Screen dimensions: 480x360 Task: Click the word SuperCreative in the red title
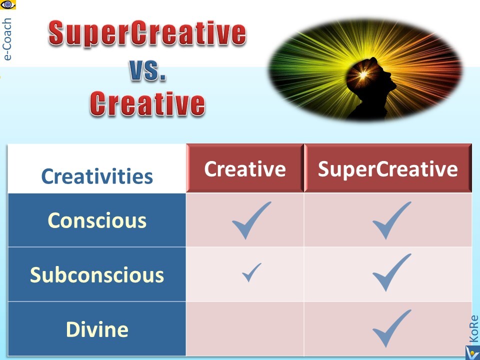[x=147, y=33]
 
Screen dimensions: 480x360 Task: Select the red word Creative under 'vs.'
[x=147, y=103]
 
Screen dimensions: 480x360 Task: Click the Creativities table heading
[x=97, y=176]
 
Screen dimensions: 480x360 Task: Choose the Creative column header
[x=245, y=168]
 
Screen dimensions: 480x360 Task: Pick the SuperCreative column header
[x=388, y=168]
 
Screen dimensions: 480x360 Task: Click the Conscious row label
[x=97, y=220]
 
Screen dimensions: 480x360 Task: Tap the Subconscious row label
[x=97, y=274]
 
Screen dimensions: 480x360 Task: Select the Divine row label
[x=97, y=329]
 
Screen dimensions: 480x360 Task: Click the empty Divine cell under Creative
[x=245, y=329]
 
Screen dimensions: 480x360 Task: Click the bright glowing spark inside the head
[x=363, y=74]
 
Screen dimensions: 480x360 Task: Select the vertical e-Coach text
[x=6, y=39]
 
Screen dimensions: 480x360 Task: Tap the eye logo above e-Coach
[x=7, y=4]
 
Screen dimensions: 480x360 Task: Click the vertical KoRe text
[x=473, y=329]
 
